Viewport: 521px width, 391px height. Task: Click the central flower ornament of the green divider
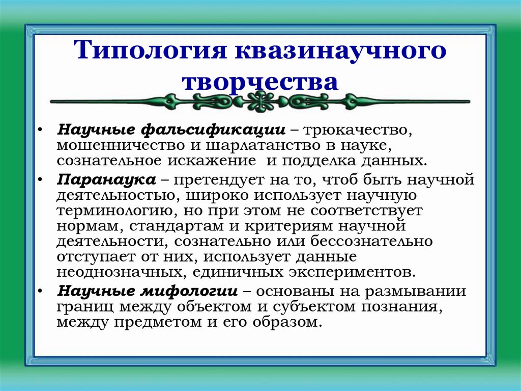(x=260, y=101)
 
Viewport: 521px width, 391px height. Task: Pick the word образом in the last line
(x=286, y=322)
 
